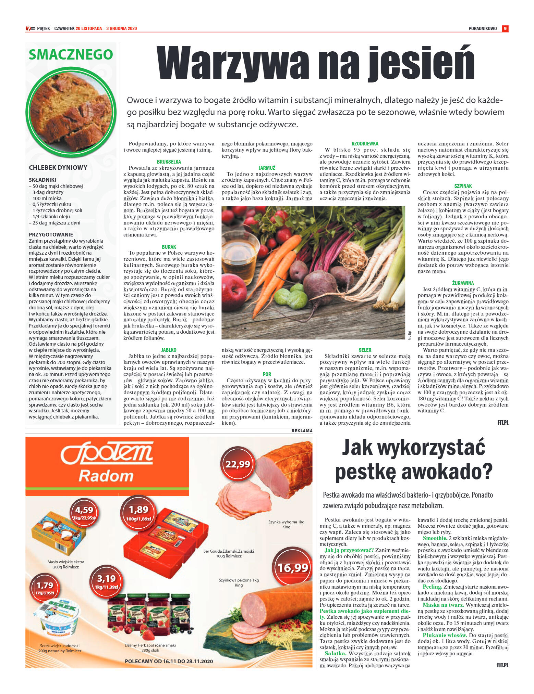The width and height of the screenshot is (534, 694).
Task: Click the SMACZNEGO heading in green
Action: click(x=71, y=54)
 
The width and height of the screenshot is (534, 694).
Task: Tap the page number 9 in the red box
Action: click(x=505, y=29)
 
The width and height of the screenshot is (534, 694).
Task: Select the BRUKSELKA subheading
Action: click(x=169, y=162)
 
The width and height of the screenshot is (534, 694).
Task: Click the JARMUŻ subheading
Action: click(x=267, y=168)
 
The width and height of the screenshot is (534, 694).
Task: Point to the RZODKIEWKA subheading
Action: click(x=365, y=144)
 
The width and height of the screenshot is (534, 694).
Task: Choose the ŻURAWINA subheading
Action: click(x=463, y=283)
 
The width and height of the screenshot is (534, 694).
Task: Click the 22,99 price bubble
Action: click(x=238, y=464)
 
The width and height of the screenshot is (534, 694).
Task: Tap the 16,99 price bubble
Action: click(x=292, y=568)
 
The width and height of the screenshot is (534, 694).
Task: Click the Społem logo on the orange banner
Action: click(x=107, y=455)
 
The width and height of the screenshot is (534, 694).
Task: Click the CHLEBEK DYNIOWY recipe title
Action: click(x=58, y=168)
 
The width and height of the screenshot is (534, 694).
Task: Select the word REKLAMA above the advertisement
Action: click(x=302, y=431)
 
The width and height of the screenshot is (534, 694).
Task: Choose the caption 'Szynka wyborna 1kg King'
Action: click(x=286, y=524)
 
